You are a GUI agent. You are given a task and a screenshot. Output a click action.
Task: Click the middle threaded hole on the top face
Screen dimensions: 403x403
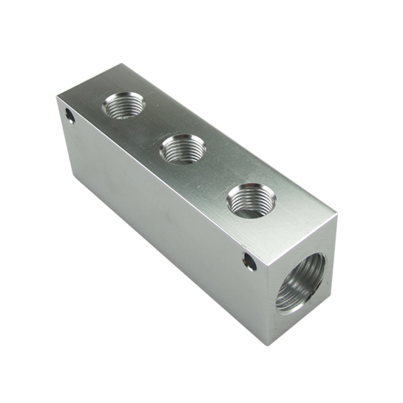(182, 149)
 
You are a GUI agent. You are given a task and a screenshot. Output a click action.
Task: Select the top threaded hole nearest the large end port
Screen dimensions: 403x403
(250, 200)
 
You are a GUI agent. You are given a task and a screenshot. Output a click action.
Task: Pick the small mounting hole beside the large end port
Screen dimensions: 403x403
(249, 261)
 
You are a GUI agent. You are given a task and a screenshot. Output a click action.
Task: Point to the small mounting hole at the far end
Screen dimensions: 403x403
(70, 116)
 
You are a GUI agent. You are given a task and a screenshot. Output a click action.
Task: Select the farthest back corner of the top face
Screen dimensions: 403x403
(121, 64)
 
